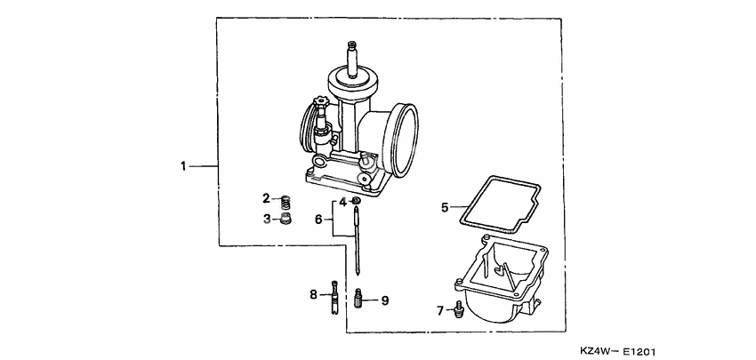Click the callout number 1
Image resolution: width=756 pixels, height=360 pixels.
tap(183, 165)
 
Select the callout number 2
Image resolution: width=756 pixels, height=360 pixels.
tap(265, 198)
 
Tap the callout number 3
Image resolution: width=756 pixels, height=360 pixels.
tap(265, 219)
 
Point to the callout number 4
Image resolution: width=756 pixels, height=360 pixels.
tap(342, 202)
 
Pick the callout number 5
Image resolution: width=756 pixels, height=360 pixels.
tap(445, 207)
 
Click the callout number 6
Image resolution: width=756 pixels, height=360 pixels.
tap(318, 218)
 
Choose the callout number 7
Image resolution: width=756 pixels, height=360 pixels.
tap(439, 309)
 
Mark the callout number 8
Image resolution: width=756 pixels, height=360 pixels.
tap(313, 293)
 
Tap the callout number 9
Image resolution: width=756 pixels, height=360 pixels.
tap(384, 300)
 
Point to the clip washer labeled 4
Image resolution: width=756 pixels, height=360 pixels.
tap(356, 202)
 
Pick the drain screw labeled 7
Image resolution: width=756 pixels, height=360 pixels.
tap(458, 308)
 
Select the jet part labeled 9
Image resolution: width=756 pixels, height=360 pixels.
tap(360, 298)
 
